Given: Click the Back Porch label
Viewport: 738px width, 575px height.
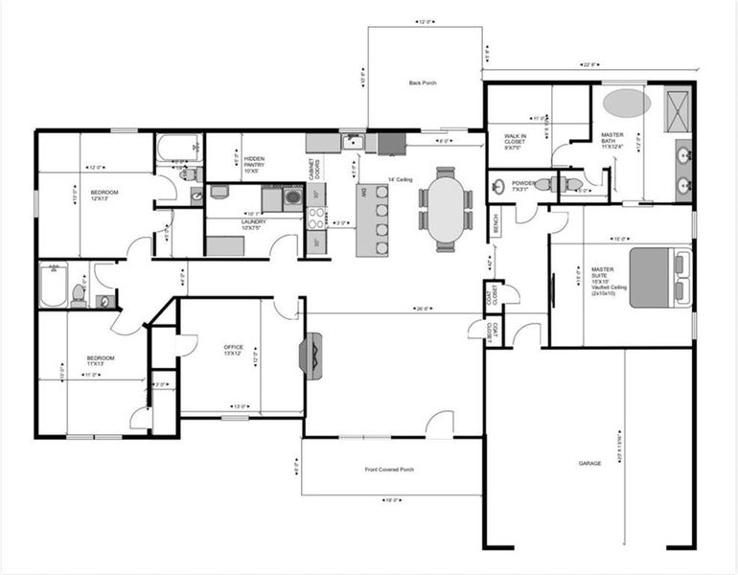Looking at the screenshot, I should [422, 83].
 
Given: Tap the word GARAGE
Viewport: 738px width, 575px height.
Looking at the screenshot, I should [589, 463].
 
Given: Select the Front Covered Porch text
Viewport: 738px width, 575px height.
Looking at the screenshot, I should [389, 470].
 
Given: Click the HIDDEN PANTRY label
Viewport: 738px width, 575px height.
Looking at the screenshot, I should [254, 164].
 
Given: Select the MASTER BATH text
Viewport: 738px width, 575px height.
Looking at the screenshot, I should [613, 140].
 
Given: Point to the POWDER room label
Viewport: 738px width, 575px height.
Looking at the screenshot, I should [521, 186].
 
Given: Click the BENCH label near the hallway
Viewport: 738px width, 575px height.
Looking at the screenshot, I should [496, 223].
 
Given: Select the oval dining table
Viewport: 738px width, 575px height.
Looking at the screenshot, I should [446, 209].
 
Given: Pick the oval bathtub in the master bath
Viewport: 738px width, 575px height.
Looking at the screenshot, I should [625, 102].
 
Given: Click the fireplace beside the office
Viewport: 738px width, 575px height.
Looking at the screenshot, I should [311, 356].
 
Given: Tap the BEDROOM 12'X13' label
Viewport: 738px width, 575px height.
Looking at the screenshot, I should [104, 195].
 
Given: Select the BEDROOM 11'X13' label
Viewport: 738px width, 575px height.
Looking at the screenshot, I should [101, 360].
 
